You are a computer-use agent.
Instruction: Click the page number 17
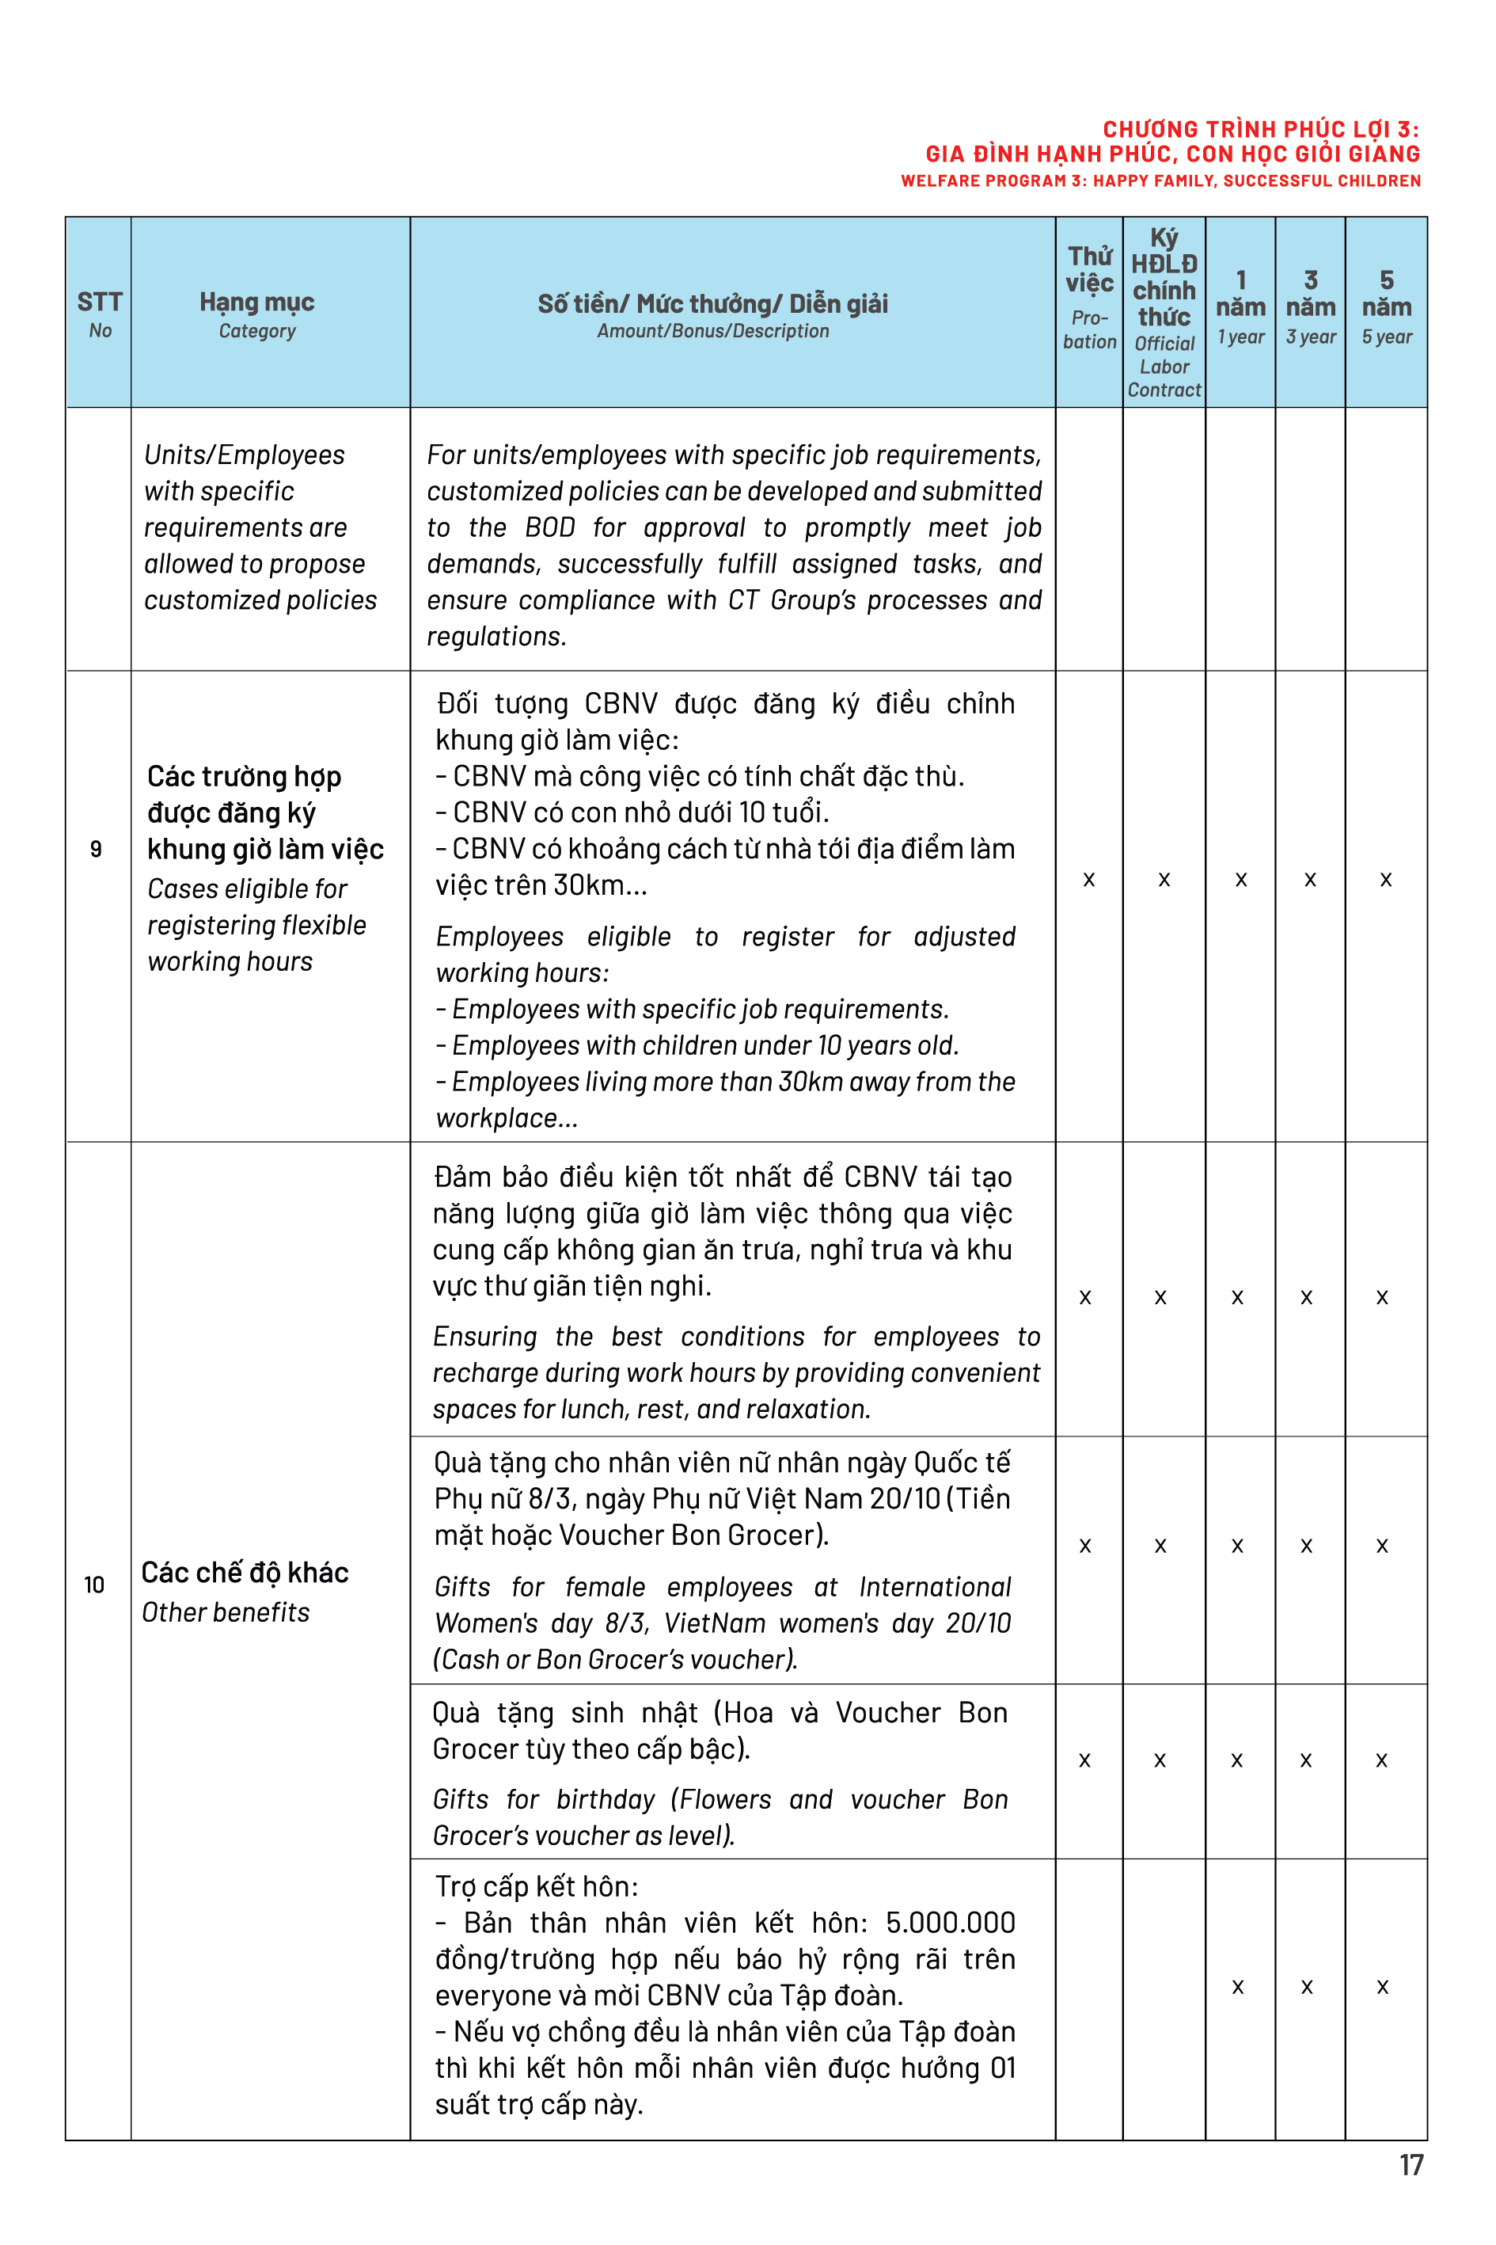[1411, 2164]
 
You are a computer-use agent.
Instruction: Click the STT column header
[99, 303]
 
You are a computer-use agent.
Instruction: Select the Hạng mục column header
[256, 303]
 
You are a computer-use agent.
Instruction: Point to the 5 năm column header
[1385, 294]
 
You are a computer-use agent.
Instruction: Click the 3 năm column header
[1310, 294]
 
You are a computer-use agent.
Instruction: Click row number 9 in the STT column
[96, 849]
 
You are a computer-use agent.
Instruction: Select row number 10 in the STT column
[93, 1585]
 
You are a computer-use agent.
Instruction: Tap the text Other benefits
[226, 1612]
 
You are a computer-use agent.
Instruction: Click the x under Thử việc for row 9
[1088, 879]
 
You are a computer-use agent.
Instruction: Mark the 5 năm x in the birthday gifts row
[1380, 1760]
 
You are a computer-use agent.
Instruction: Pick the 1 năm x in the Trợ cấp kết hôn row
[1237, 1986]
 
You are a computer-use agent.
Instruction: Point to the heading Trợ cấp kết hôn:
[536, 1886]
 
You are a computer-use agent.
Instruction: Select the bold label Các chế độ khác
[245, 1572]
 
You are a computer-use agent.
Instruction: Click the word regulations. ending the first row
[496, 636]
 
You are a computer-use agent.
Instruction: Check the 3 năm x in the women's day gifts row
[1306, 1545]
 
